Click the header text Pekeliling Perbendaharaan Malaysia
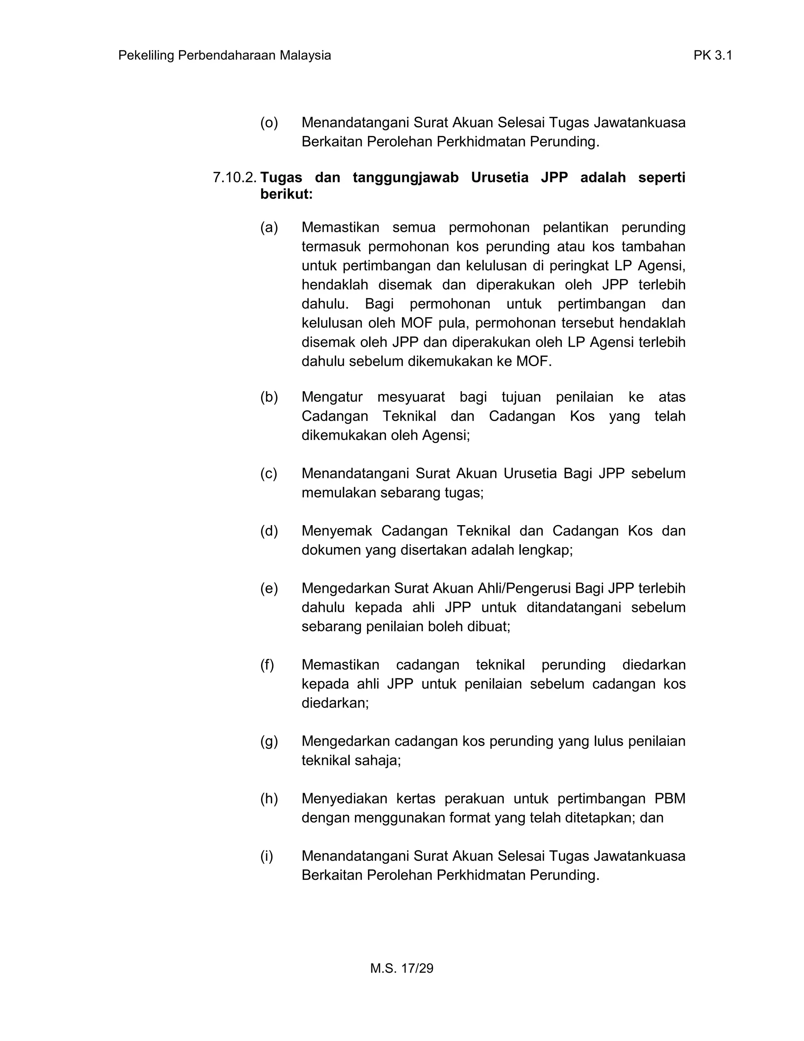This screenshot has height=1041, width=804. click(x=224, y=56)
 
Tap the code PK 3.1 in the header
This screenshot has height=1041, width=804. click(x=712, y=56)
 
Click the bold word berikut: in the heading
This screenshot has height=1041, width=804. click(x=286, y=194)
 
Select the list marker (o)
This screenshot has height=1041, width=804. click(x=269, y=123)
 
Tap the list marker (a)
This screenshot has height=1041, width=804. click(x=269, y=227)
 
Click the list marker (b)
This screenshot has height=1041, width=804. click(x=269, y=397)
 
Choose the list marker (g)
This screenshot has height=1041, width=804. click(x=269, y=741)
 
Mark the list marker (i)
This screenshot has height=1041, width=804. click(x=267, y=856)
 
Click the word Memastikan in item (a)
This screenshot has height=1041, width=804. click(x=340, y=227)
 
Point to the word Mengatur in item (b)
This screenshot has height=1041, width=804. click(x=332, y=397)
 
